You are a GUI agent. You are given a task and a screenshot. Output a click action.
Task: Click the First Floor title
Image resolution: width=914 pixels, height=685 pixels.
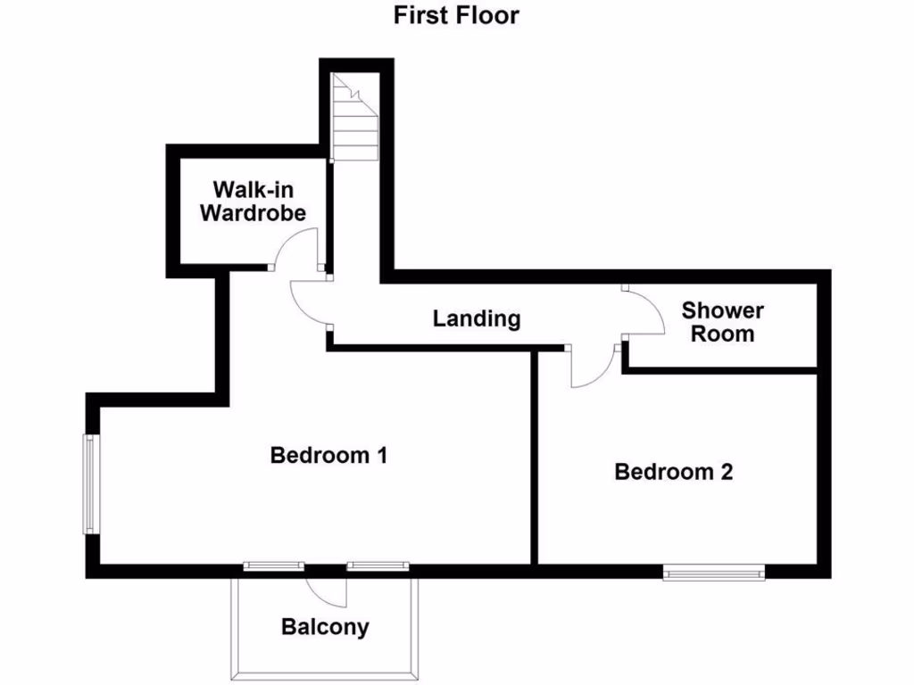pos(456,15)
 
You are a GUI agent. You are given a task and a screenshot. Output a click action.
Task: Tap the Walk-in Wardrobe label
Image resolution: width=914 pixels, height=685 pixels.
pos(253,201)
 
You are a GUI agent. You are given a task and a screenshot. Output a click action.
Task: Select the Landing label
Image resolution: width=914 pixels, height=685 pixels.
pos(477,318)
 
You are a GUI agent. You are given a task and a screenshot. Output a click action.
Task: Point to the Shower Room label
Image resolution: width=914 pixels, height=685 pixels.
pos(722,322)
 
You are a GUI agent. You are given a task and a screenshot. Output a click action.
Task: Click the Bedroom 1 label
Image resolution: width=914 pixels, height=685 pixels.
pos(328,455)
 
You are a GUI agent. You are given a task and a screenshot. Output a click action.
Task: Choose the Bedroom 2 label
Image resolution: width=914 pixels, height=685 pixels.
pos(673,472)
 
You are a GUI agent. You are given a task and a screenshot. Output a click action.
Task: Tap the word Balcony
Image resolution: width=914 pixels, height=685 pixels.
pos(325,627)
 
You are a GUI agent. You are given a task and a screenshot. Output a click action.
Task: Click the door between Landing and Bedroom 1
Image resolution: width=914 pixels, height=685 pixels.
pos(310,304)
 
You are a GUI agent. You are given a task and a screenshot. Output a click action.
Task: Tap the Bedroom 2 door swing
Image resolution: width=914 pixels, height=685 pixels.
pos(592,367)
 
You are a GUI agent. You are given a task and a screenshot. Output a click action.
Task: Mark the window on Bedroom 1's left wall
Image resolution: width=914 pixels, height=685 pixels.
pos(91,483)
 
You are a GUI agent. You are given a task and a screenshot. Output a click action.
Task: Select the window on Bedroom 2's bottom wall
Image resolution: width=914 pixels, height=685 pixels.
pos(714,571)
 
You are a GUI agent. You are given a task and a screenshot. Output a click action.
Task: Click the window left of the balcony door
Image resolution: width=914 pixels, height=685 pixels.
pos(274,565)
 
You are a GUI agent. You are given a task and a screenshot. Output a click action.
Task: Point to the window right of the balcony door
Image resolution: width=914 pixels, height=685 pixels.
pos(378,565)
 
